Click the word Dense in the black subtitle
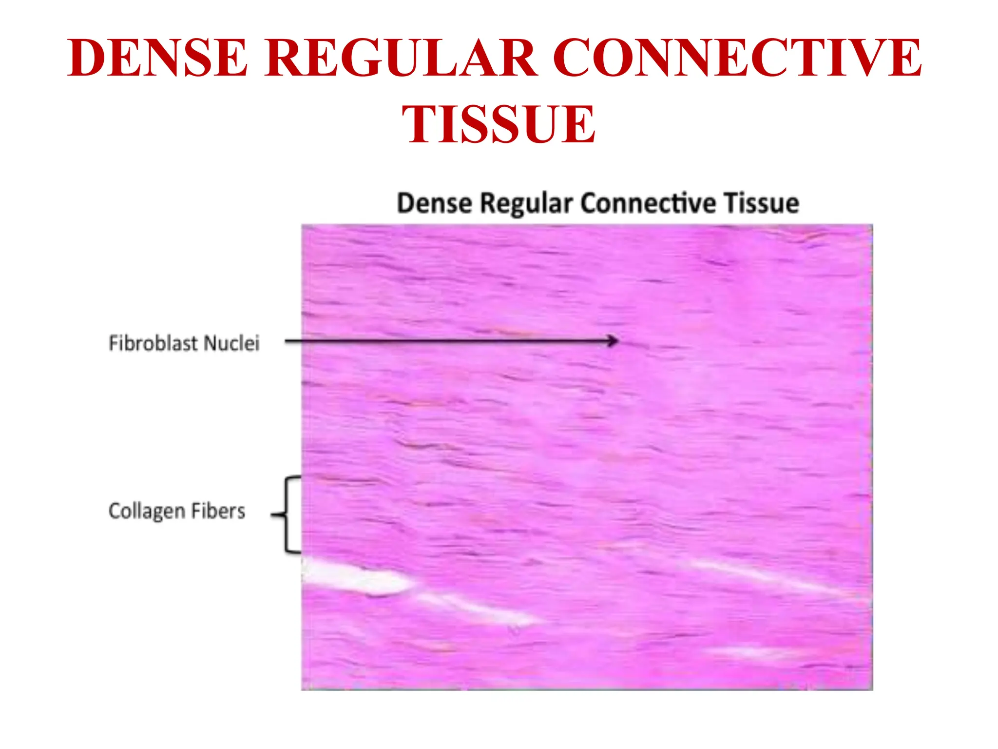point(434,203)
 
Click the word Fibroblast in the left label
point(153,343)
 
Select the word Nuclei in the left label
point(231,343)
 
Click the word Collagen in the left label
point(147,512)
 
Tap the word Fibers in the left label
point(218,511)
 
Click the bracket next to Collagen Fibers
point(288,514)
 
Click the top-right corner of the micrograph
point(872,225)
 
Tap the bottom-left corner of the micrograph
point(303,689)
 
